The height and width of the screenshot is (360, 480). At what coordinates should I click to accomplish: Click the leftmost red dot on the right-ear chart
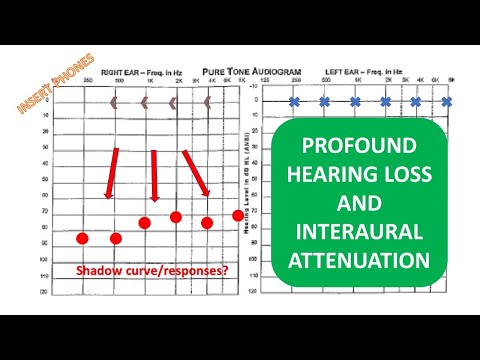[82, 238]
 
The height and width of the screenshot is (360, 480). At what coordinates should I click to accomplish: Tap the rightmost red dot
[238, 215]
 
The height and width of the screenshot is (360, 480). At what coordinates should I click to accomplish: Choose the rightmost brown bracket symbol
[207, 102]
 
